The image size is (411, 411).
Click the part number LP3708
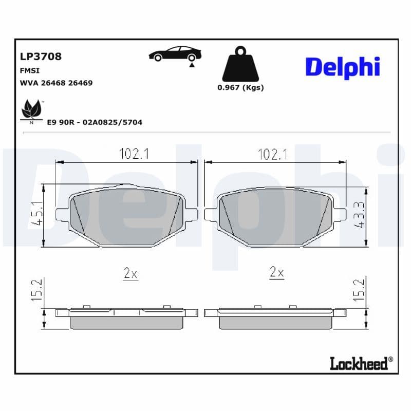tap(40, 57)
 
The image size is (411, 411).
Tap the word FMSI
tap(30, 70)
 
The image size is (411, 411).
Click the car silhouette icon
tap(175, 54)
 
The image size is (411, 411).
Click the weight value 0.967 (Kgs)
tap(240, 87)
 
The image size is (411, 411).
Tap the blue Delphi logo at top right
tap(343, 67)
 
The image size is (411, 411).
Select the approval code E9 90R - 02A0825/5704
tap(95, 122)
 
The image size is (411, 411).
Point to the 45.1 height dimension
tap(35, 216)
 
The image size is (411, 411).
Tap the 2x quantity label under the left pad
tap(131, 273)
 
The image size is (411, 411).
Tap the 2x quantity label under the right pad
tap(277, 272)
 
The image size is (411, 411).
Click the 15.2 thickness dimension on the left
tap(35, 291)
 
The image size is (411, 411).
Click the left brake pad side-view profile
tap(126, 317)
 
